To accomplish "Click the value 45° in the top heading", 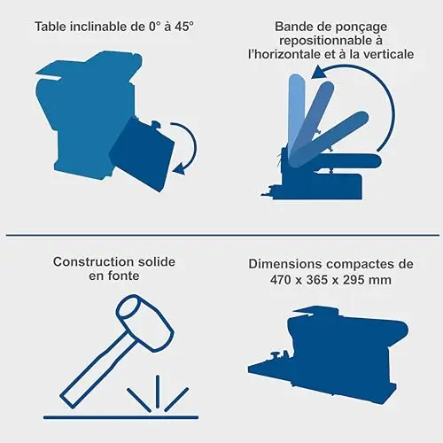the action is click(183, 27).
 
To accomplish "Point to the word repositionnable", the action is click(326, 41).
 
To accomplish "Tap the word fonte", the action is click(123, 276).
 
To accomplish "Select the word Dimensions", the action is click(285, 264).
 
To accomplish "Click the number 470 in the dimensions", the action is click(281, 280).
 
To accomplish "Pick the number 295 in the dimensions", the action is click(354, 280).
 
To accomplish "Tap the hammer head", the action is click(145, 323).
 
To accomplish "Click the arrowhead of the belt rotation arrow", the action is click(318, 73).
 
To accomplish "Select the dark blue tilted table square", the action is click(142, 154).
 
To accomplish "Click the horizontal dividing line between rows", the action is click(222, 236).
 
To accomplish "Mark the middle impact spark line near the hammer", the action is click(158, 392).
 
